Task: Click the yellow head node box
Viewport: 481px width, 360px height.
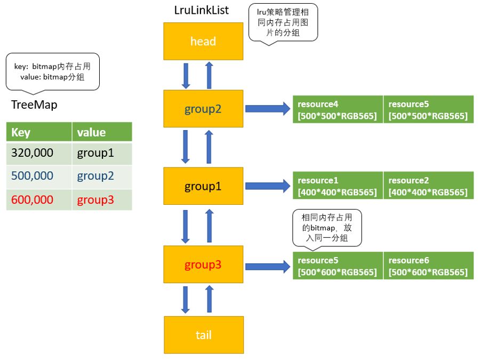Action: (x=203, y=41)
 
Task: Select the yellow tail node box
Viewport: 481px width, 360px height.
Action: (x=203, y=334)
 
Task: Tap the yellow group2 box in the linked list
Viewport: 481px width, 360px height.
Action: (x=203, y=109)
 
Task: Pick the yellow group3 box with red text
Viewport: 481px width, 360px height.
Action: (x=203, y=265)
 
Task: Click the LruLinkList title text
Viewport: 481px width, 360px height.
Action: (x=202, y=10)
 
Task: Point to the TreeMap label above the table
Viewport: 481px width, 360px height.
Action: (x=34, y=105)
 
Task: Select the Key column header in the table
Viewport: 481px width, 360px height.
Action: (x=39, y=132)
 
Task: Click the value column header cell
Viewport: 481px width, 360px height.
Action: (x=102, y=132)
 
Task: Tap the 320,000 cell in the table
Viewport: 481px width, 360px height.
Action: (x=39, y=153)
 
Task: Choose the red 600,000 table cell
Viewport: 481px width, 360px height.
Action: (x=39, y=200)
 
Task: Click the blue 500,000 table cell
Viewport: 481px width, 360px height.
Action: (x=39, y=177)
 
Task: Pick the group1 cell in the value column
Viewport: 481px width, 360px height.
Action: (x=102, y=153)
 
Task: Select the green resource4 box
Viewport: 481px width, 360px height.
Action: (x=338, y=109)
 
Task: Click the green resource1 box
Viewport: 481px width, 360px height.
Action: (x=338, y=186)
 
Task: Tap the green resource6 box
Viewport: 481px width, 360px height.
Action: (x=428, y=266)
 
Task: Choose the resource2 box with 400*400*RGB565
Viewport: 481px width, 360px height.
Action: (x=428, y=186)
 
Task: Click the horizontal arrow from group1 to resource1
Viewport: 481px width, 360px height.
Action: (x=267, y=186)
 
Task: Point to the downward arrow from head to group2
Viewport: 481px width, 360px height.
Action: (x=186, y=75)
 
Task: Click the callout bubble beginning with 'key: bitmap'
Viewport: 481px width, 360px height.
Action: (x=52, y=72)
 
